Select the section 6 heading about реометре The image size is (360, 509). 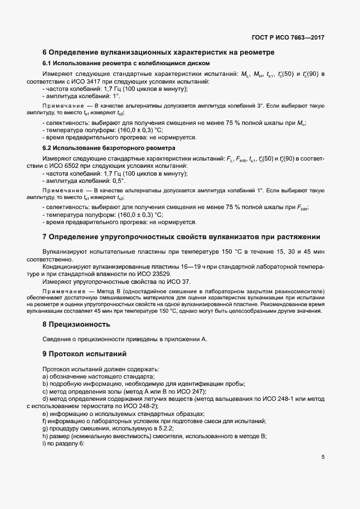(158, 52)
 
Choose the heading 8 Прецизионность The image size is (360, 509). (76, 324)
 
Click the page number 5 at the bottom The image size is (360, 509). (323, 457)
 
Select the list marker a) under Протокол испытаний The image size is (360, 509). (45, 376)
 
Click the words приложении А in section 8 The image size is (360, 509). (183, 339)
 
